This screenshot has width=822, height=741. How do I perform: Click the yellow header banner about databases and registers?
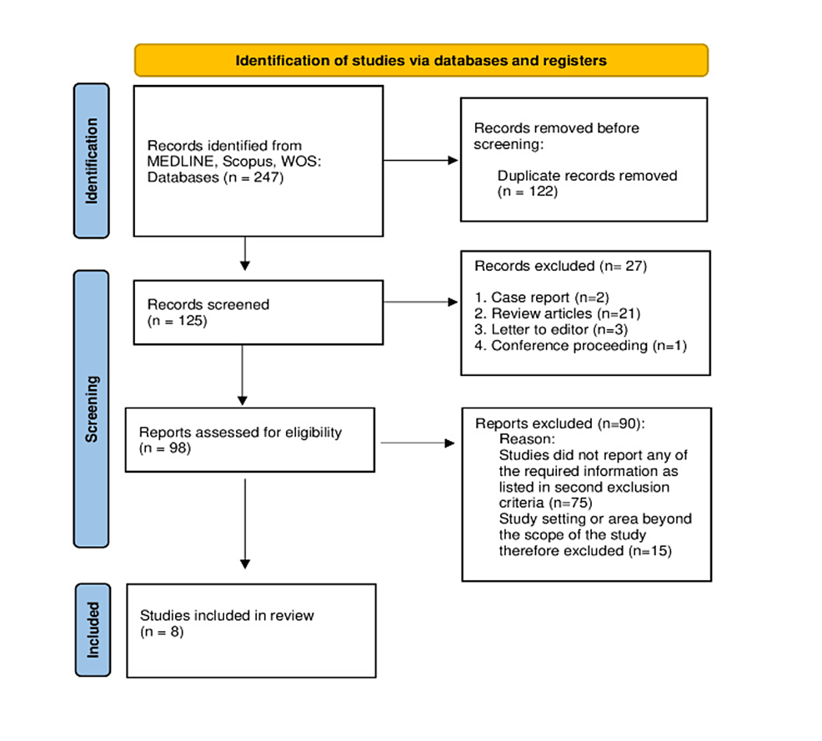pos(421,60)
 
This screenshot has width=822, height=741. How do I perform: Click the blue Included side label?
pos(92,629)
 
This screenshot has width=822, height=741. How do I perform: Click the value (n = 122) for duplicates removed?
pos(527,191)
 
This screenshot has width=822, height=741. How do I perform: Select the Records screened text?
pos(208,304)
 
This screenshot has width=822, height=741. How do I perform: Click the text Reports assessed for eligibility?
pos(240,433)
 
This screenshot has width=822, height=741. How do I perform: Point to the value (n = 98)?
pos(165,448)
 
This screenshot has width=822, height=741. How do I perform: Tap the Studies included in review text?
pos(227,615)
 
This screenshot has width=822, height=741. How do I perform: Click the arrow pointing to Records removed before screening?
pos(421,160)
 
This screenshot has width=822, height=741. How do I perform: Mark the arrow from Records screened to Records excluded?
pos(421,302)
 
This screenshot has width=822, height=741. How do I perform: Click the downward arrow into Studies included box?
pos(245,525)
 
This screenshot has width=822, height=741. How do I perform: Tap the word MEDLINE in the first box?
pos(178,161)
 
